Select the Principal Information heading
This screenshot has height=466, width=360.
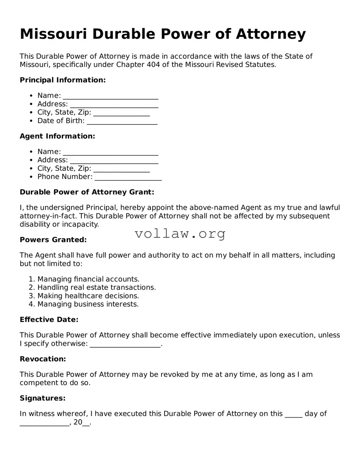[x=63, y=80]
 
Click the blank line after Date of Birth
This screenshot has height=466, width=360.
[x=122, y=121]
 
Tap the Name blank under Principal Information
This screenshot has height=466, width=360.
[x=110, y=96]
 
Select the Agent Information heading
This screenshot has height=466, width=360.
[x=57, y=136]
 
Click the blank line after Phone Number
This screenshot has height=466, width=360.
[x=128, y=177]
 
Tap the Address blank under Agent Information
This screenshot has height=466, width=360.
[x=114, y=161]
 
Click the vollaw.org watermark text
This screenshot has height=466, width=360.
[x=180, y=234]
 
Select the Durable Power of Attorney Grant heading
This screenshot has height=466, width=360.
[x=87, y=192]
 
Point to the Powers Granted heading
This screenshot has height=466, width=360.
[x=53, y=240]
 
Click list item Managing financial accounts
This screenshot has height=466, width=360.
[x=88, y=279]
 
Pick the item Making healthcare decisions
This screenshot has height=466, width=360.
[x=88, y=296]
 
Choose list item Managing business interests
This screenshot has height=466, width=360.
[x=88, y=305]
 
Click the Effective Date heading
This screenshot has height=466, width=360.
[x=49, y=320]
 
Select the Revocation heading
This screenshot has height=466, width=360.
[x=43, y=359]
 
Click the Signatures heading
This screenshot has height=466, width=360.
[x=42, y=398]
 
